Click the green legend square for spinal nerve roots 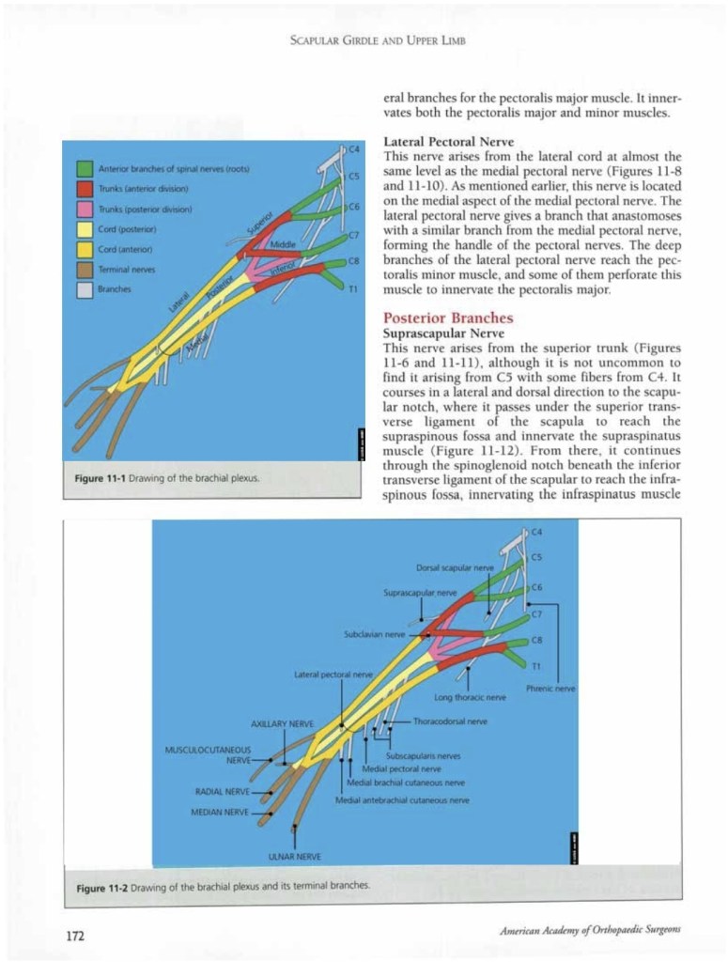click(x=84, y=169)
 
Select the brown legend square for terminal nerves click(x=84, y=270)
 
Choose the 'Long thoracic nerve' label click(x=470, y=697)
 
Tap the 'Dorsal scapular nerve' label click(x=456, y=567)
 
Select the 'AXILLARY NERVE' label click(x=281, y=723)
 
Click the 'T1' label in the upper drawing click(x=352, y=290)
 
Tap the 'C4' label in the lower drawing click(x=537, y=534)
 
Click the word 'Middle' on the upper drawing click(x=283, y=244)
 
